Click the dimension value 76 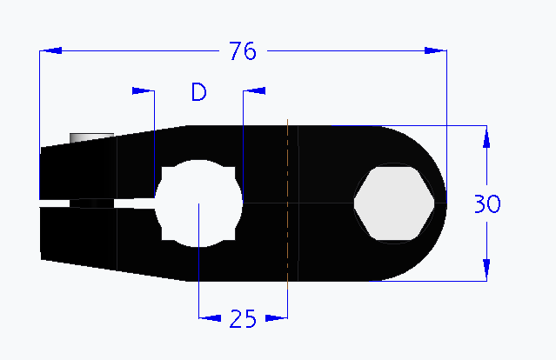click(x=243, y=51)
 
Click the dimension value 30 click(x=487, y=204)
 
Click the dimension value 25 click(x=243, y=319)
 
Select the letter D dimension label click(x=198, y=92)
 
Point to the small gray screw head click(x=90, y=137)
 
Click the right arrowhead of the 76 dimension click(x=435, y=51)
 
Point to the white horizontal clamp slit click(x=96, y=204)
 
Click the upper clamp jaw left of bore click(x=96, y=170)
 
